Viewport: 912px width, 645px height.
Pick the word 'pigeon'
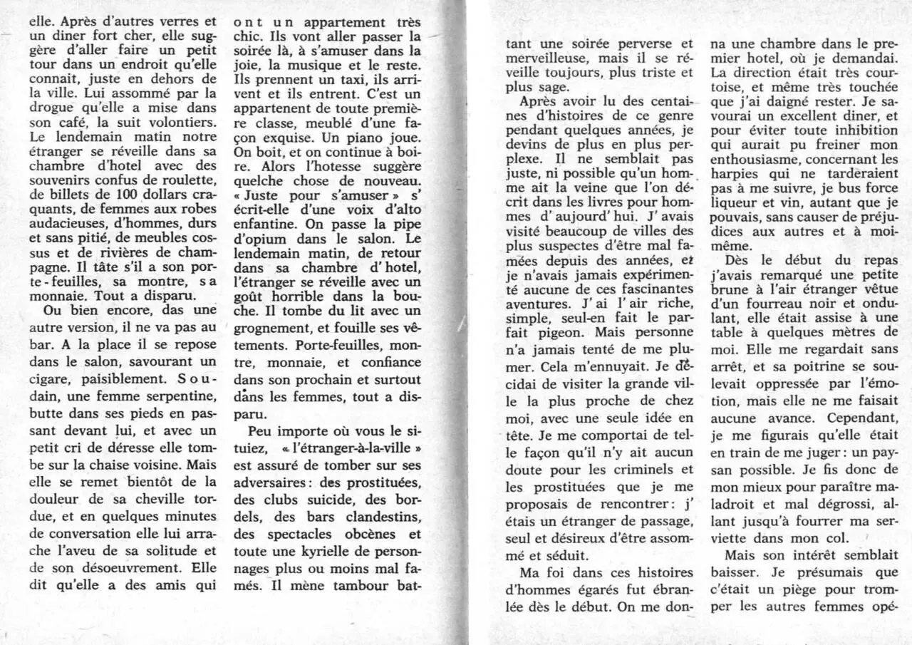pyautogui.click(x=558, y=331)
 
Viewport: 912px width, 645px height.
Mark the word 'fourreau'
pyautogui.click(x=761, y=306)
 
